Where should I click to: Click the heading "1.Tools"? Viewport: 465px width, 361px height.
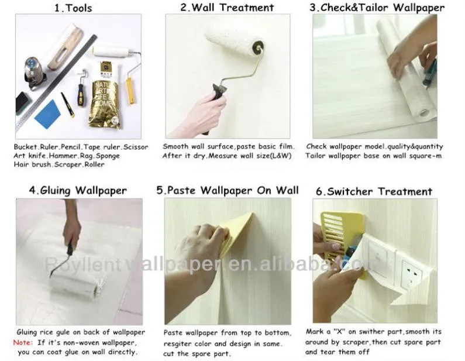[73, 8]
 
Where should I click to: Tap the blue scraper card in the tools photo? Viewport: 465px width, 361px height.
[47, 114]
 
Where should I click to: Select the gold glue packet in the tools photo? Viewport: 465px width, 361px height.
[104, 95]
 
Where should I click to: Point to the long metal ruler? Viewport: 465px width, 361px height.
[56, 82]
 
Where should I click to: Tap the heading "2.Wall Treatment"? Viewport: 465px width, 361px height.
[227, 8]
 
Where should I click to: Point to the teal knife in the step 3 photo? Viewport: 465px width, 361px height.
[430, 73]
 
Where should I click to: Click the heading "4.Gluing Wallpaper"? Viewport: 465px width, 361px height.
[78, 190]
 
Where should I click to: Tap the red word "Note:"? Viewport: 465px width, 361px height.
[23, 343]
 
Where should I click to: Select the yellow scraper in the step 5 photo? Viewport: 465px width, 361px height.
[237, 234]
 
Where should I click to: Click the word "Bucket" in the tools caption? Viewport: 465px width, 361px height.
[25, 147]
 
